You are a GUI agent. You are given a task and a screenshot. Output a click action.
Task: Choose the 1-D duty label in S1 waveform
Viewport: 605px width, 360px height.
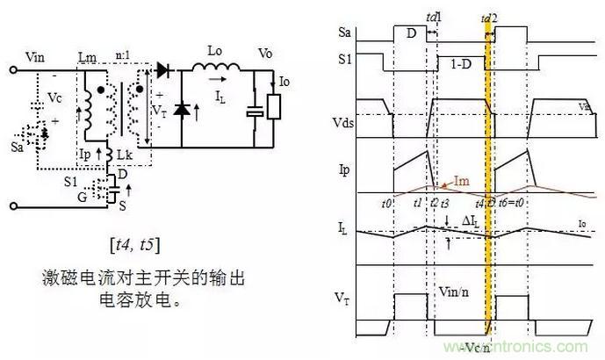click(x=460, y=67)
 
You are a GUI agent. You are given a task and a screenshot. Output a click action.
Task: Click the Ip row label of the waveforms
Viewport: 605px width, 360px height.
click(x=345, y=165)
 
